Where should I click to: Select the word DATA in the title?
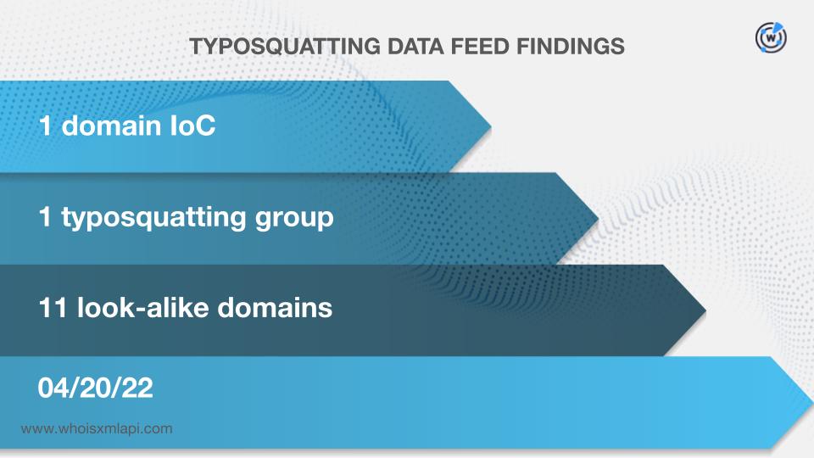pos(415,47)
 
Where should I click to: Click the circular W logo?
pos(771,37)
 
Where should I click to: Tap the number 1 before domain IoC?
pos(45,126)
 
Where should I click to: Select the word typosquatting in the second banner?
pos(153,218)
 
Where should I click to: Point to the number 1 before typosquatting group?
pos(45,216)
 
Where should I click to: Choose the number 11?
pos(53,307)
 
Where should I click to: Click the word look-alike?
pos(142,307)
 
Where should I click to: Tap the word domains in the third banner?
pos(275,307)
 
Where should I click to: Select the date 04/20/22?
pos(96,388)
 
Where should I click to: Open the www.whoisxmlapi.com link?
pos(97,429)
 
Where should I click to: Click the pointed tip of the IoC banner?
pos(491,126)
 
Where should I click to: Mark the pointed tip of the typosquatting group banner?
pos(599,218)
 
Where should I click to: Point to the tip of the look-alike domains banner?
pos(706,310)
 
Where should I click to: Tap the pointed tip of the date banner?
pos(813,402)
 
